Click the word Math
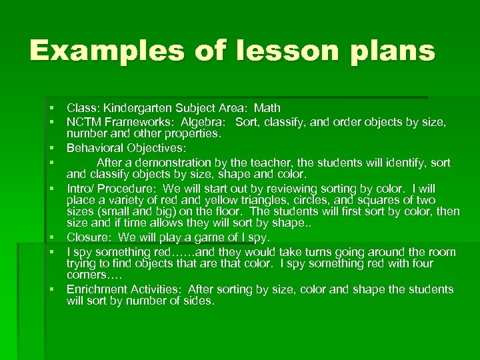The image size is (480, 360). pyautogui.click(x=267, y=108)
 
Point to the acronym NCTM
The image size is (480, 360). pyautogui.click(x=84, y=123)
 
